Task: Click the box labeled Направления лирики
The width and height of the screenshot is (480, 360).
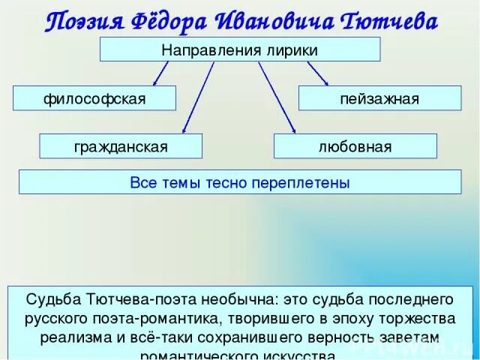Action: [240, 49]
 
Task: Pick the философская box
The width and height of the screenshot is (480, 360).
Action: [94, 98]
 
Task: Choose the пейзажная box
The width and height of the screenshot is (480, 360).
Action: [379, 98]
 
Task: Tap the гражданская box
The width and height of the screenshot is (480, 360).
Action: [121, 146]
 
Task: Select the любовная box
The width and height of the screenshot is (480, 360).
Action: [355, 146]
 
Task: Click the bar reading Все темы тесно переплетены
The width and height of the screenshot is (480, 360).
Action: [240, 182]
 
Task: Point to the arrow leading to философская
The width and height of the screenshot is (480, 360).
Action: [161, 73]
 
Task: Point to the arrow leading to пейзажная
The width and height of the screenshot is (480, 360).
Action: [317, 73]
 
